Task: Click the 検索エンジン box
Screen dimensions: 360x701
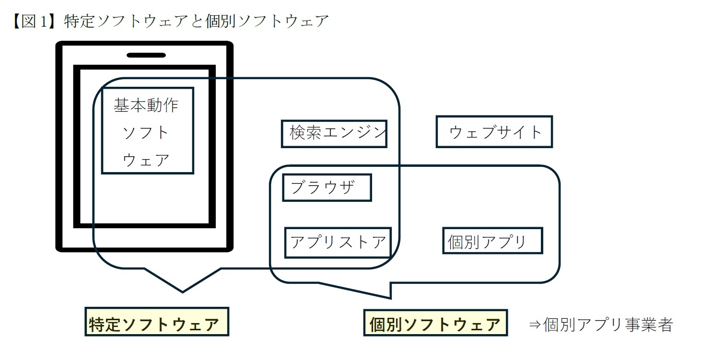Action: click(334, 133)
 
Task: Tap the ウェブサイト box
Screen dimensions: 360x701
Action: click(494, 132)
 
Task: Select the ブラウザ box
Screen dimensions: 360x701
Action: click(327, 187)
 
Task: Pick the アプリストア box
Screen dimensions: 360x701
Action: click(338, 242)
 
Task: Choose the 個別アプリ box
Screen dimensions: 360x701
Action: click(492, 241)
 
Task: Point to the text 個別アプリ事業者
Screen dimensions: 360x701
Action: click(608, 325)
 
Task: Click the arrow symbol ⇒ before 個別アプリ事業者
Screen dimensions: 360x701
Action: click(535, 325)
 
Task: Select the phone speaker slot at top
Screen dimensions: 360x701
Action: click(146, 55)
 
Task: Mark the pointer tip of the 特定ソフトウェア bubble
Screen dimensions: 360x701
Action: click(183, 291)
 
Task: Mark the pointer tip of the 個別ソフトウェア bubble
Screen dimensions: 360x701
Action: click(391, 297)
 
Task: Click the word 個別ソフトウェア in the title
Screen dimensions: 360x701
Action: click(267, 22)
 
